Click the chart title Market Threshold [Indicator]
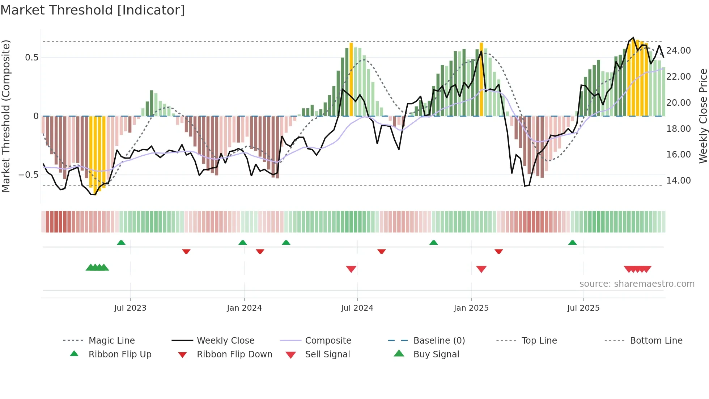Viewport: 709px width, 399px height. tap(93, 10)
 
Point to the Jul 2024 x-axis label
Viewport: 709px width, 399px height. tap(357, 308)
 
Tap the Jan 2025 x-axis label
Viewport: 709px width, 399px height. tap(471, 308)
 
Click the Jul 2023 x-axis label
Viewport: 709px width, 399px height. tap(130, 308)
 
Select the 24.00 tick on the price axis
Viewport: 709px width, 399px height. tap(678, 51)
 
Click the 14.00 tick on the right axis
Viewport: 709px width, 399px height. tap(678, 180)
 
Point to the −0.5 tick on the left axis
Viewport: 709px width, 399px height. tap(28, 175)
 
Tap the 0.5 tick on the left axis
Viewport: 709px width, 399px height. tap(31, 58)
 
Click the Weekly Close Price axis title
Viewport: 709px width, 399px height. tap(703, 116)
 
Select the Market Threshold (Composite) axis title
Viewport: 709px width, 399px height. tap(6, 116)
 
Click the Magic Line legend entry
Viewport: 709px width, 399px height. tap(111, 341)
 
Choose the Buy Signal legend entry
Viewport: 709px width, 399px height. tap(436, 354)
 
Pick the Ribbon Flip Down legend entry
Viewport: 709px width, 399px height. tap(234, 354)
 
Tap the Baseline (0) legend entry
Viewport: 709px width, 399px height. tap(439, 341)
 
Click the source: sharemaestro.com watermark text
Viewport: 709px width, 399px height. tap(637, 284)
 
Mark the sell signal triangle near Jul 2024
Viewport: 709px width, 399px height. tap(351, 269)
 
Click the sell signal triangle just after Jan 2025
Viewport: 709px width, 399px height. tap(481, 269)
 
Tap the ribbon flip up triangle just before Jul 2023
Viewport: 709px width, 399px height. tap(121, 243)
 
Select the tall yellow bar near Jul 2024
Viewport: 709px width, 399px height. tap(351, 80)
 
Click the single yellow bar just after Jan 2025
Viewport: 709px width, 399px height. tap(481, 80)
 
